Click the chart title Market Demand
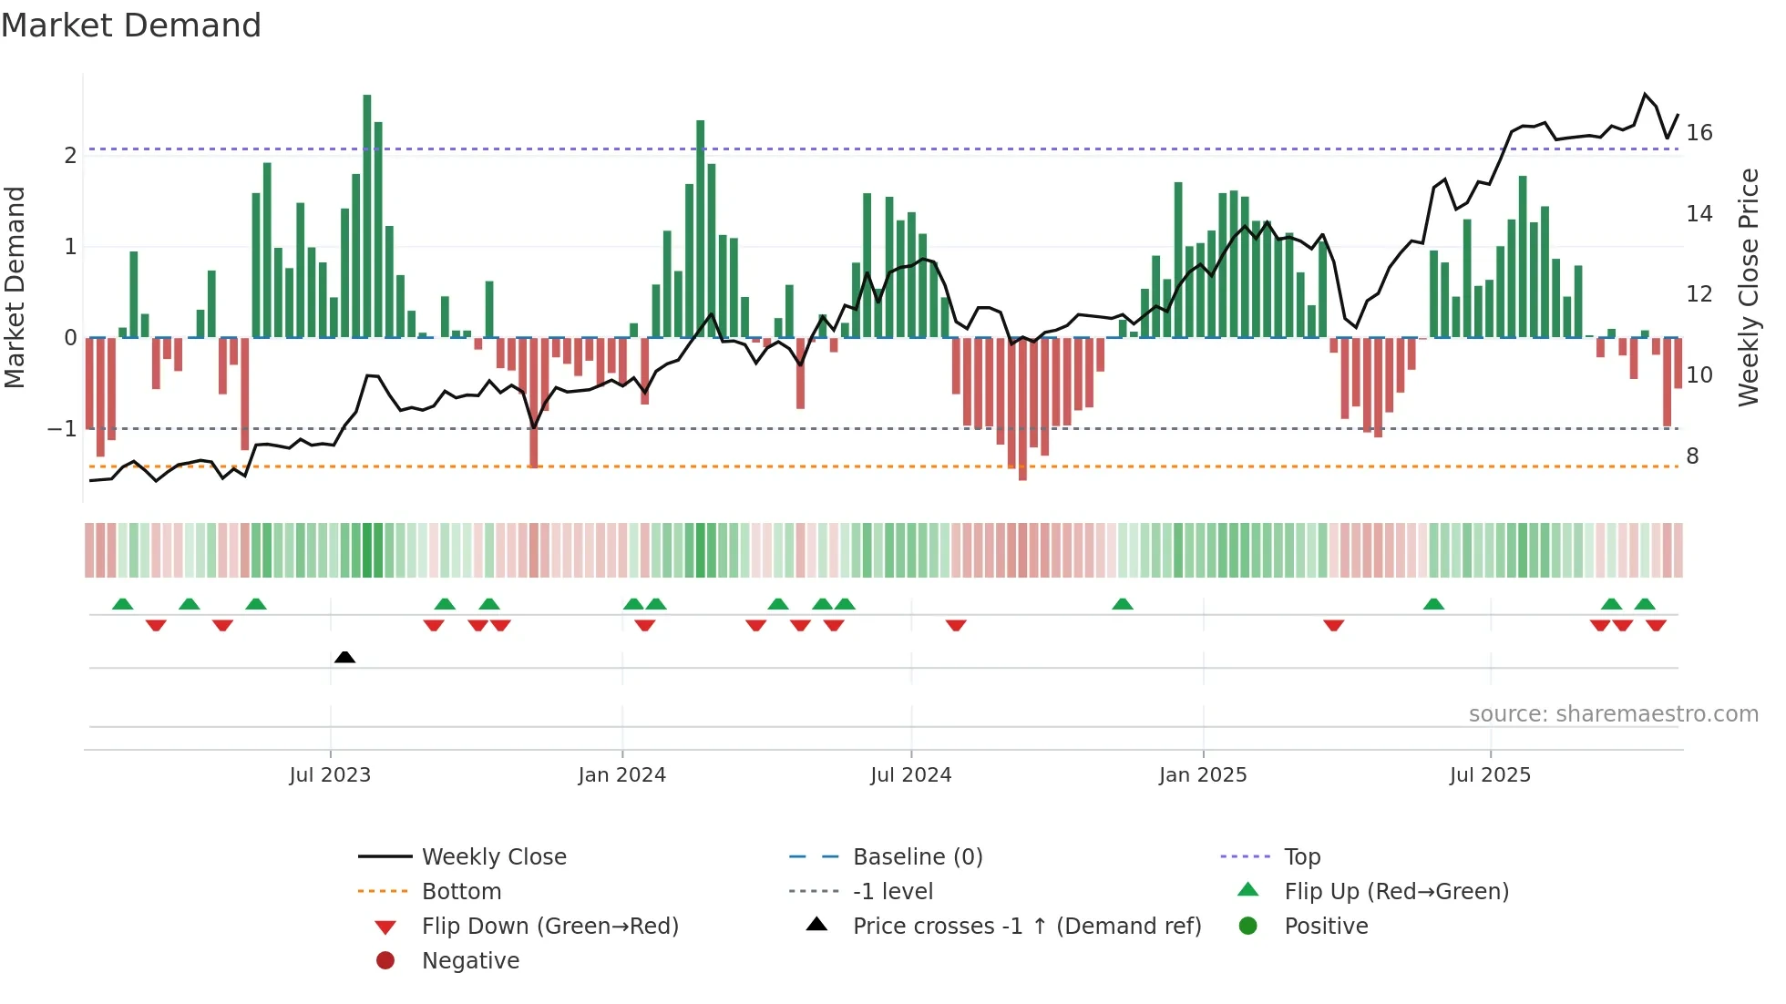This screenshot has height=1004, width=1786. [x=131, y=26]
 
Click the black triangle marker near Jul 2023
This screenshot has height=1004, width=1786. [x=344, y=657]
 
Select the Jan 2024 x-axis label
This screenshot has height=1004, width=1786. [x=622, y=775]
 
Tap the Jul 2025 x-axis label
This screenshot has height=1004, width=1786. [x=1490, y=775]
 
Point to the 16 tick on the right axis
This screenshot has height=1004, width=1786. [x=1699, y=133]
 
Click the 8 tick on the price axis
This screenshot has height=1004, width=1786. [x=1692, y=456]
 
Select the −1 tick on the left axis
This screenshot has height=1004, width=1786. [x=62, y=428]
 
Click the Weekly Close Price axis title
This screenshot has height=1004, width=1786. [x=1748, y=287]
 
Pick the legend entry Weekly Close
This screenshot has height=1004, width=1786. [x=493, y=857]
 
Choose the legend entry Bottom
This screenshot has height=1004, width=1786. [x=461, y=892]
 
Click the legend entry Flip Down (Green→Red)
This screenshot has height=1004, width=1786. [x=549, y=927]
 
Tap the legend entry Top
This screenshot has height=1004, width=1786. [x=1302, y=857]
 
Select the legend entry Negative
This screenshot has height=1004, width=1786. [x=470, y=961]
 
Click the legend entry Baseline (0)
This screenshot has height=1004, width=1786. [x=918, y=857]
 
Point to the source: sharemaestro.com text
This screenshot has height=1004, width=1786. [x=1613, y=714]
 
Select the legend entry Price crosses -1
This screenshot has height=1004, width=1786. [x=1026, y=927]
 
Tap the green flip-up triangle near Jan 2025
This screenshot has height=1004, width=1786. [x=1123, y=604]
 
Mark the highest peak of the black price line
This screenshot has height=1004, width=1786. [x=1646, y=94]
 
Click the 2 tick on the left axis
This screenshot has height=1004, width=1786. [x=70, y=156]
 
